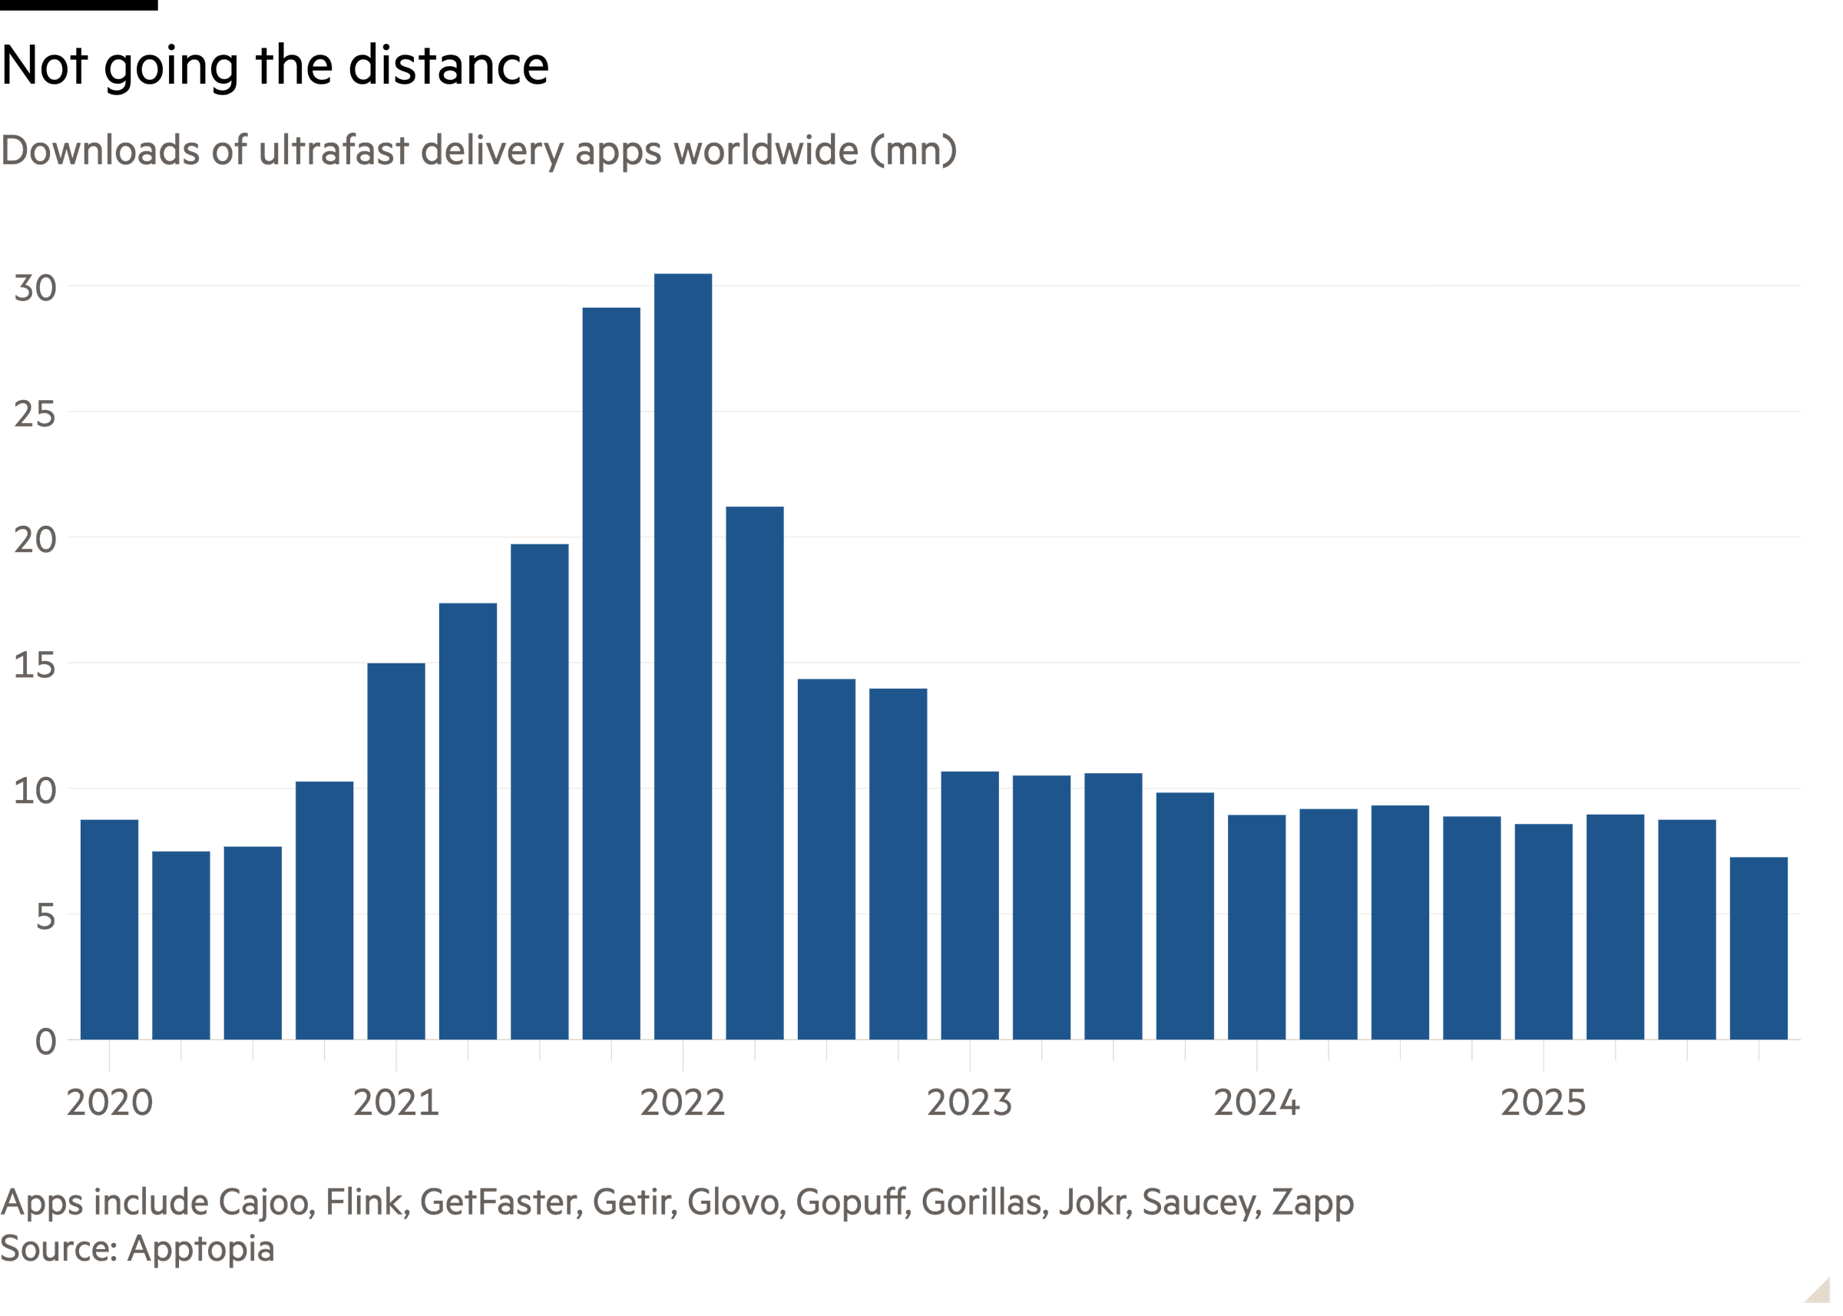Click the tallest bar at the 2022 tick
coord(683,656)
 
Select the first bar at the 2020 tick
coord(109,929)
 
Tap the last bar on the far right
coord(1758,947)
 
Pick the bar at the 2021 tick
coord(395,851)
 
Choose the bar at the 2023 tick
coord(969,904)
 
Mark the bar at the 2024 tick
coord(1257,926)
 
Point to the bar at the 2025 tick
coord(1543,931)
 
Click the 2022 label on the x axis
coord(683,1103)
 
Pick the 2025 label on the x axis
coord(1543,1103)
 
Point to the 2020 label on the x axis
coord(109,1103)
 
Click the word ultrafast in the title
coord(333,150)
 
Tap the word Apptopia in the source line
coord(200,1248)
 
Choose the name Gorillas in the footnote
coord(980,1202)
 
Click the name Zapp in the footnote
coord(1313,1202)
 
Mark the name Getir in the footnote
coord(633,1202)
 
